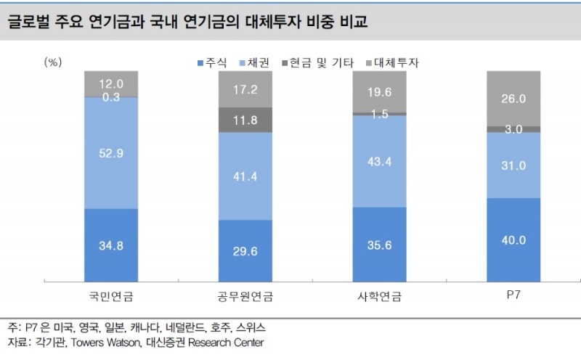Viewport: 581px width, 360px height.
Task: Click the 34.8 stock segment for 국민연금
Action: pos(111,245)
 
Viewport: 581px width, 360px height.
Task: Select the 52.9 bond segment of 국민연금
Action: pos(111,152)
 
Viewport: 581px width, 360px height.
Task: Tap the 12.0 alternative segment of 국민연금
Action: pos(111,83)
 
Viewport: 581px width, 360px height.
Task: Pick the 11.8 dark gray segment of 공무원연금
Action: pos(245,120)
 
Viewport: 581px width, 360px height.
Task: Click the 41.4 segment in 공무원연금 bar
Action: pos(245,176)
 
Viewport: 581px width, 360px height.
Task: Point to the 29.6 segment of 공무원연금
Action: pos(245,250)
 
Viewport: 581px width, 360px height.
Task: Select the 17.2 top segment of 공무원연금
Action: pos(245,90)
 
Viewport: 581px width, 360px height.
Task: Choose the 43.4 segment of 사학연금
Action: pos(379,161)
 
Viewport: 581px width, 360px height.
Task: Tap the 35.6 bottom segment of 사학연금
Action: pos(379,245)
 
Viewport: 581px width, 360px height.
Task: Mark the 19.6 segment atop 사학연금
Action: pos(379,91)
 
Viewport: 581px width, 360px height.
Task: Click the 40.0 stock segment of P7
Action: pos(513,240)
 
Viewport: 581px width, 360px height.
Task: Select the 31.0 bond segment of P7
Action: pos(513,165)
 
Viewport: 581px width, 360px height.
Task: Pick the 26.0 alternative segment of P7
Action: pos(513,98)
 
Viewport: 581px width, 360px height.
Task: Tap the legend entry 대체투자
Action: pos(397,63)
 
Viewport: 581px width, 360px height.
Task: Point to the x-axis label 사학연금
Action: pos(379,296)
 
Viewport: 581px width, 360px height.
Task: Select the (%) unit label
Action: pos(54,62)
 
